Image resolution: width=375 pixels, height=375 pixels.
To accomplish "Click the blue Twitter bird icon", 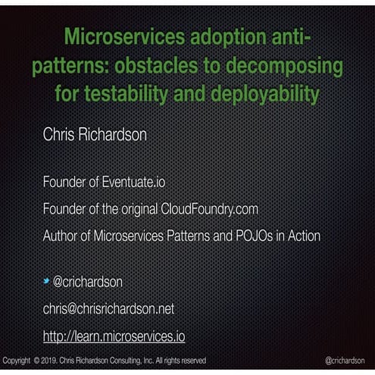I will coord(46,282).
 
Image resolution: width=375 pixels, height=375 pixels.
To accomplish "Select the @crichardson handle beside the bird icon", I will coord(87,282).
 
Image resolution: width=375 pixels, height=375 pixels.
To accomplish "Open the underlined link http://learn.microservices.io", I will coord(114,336).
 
